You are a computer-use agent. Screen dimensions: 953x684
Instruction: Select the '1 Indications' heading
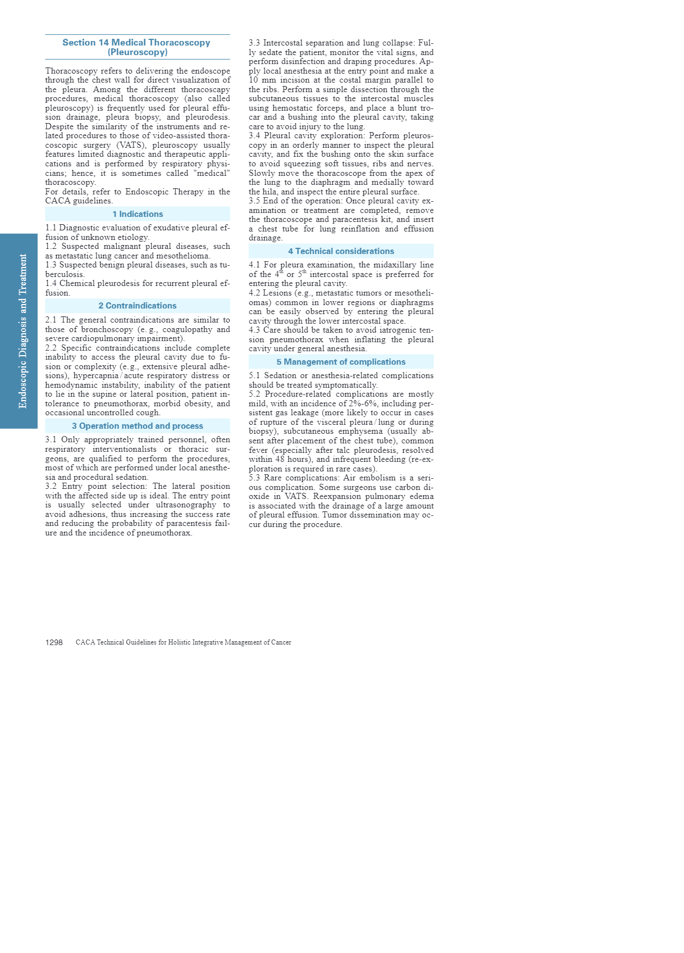tap(138, 214)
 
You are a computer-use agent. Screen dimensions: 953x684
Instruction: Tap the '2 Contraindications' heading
tap(138, 306)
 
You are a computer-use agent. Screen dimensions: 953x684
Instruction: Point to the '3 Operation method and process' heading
tap(138, 426)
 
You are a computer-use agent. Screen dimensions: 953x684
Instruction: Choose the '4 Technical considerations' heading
tap(341, 251)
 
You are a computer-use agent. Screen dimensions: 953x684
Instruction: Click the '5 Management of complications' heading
tap(341, 362)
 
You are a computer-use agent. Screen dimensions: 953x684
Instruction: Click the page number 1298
tap(54, 642)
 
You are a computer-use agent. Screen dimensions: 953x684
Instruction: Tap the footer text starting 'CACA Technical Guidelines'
tap(183, 642)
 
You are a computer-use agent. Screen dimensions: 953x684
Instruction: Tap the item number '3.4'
tap(255, 136)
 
